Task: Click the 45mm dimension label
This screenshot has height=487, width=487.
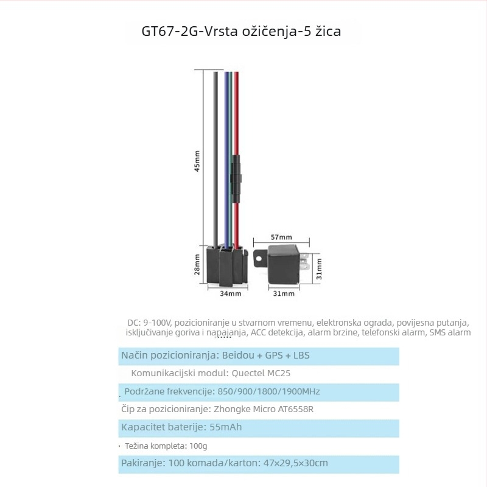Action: pyautogui.click(x=197, y=161)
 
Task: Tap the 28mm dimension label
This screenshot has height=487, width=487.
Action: pyautogui.click(x=197, y=264)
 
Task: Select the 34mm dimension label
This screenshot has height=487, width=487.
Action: pyautogui.click(x=231, y=293)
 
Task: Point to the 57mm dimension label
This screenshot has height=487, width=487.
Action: pyautogui.click(x=281, y=237)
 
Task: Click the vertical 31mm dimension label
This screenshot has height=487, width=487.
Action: pyautogui.click(x=319, y=269)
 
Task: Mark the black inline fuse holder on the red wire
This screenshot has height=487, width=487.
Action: pyautogui.click(x=236, y=179)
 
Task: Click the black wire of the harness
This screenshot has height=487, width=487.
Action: pyautogui.click(x=215, y=158)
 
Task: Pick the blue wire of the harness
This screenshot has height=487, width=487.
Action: pyautogui.click(x=226, y=158)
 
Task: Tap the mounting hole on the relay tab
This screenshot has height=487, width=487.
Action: pyautogui.click(x=258, y=258)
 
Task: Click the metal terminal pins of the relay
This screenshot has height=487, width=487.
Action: pyautogui.click(x=304, y=262)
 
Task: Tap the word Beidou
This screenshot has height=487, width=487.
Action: pyautogui.click(x=238, y=355)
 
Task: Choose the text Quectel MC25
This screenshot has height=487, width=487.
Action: pyautogui.click(x=261, y=373)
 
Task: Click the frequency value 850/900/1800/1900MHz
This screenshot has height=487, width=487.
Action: pyautogui.click(x=268, y=391)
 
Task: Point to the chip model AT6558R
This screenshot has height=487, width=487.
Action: pyautogui.click(x=296, y=409)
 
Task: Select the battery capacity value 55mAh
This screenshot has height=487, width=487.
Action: pyautogui.click(x=225, y=427)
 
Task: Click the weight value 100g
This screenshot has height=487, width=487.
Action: pyautogui.click(x=198, y=446)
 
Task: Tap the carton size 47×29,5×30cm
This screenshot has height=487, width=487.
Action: pyautogui.click(x=295, y=463)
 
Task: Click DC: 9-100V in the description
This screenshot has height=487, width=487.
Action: pyautogui.click(x=149, y=323)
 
